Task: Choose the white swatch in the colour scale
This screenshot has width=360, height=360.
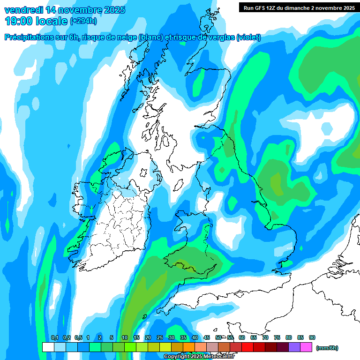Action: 48,347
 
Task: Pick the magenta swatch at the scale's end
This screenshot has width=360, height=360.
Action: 307,347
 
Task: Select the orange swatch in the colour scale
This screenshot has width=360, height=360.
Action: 189,347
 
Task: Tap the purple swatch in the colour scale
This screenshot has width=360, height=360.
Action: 295,347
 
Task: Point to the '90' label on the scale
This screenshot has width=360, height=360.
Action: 312,337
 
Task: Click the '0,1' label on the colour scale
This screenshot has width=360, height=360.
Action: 54,337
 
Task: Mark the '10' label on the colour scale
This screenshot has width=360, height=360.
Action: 125,337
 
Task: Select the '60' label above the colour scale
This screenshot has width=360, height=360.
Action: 242,337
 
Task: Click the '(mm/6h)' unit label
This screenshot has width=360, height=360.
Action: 327,348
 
